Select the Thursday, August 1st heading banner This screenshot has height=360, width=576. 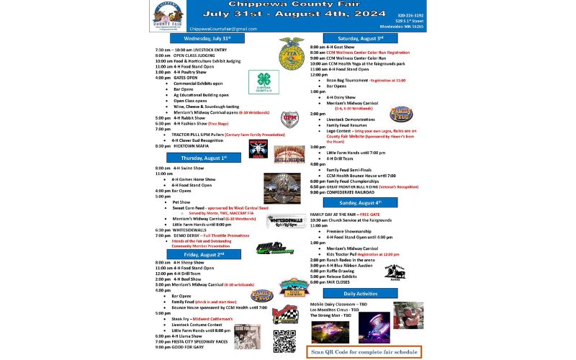click(x=204, y=157)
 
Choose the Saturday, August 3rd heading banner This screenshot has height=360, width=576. click(x=360, y=38)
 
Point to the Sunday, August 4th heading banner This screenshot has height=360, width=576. click(x=361, y=203)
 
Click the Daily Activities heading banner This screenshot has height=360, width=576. click(x=359, y=294)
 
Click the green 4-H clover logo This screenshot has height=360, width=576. click(x=264, y=82)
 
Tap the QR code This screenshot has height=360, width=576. click(x=284, y=339)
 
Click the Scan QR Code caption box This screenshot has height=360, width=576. click(x=364, y=352)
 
